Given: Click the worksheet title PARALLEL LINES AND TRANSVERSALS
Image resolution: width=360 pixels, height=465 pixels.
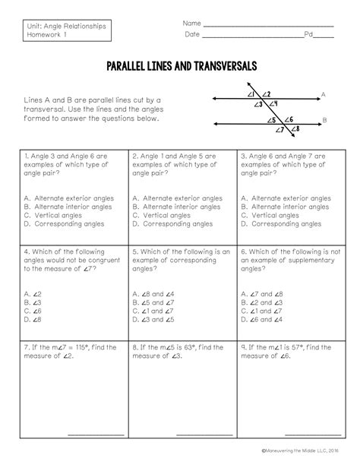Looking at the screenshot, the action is [180, 65].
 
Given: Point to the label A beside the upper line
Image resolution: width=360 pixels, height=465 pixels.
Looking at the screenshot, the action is [323, 95].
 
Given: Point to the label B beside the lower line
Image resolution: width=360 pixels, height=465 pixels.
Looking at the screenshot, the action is [324, 120].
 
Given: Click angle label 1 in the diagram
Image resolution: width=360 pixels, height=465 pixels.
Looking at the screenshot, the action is [251, 94].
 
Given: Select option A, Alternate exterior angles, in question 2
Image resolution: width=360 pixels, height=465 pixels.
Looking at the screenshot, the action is [171, 198].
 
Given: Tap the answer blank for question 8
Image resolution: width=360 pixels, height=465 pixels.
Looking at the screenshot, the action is [198, 434].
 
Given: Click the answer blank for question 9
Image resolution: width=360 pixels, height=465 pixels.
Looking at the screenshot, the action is [307, 434].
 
